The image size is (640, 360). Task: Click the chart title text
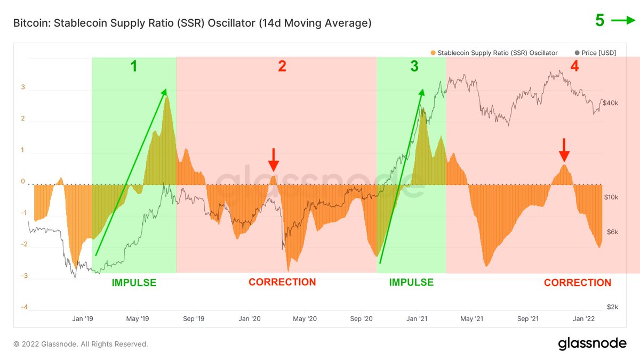(192, 23)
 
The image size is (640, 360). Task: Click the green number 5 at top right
(600, 21)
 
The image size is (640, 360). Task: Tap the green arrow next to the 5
(623, 21)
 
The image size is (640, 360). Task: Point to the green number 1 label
(134, 66)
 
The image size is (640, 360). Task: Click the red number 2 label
(282, 66)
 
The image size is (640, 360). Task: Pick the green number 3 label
(414, 66)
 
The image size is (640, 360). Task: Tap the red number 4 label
(574, 66)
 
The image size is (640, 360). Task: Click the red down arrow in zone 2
(273, 158)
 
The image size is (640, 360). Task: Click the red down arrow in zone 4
(564, 150)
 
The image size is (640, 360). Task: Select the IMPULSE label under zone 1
(134, 283)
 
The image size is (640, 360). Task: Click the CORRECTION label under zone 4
(578, 283)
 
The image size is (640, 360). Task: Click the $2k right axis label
(612, 307)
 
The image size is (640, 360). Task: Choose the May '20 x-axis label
(305, 319)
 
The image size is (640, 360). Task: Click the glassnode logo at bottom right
(592, 344)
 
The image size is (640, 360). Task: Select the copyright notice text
(81, 344)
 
